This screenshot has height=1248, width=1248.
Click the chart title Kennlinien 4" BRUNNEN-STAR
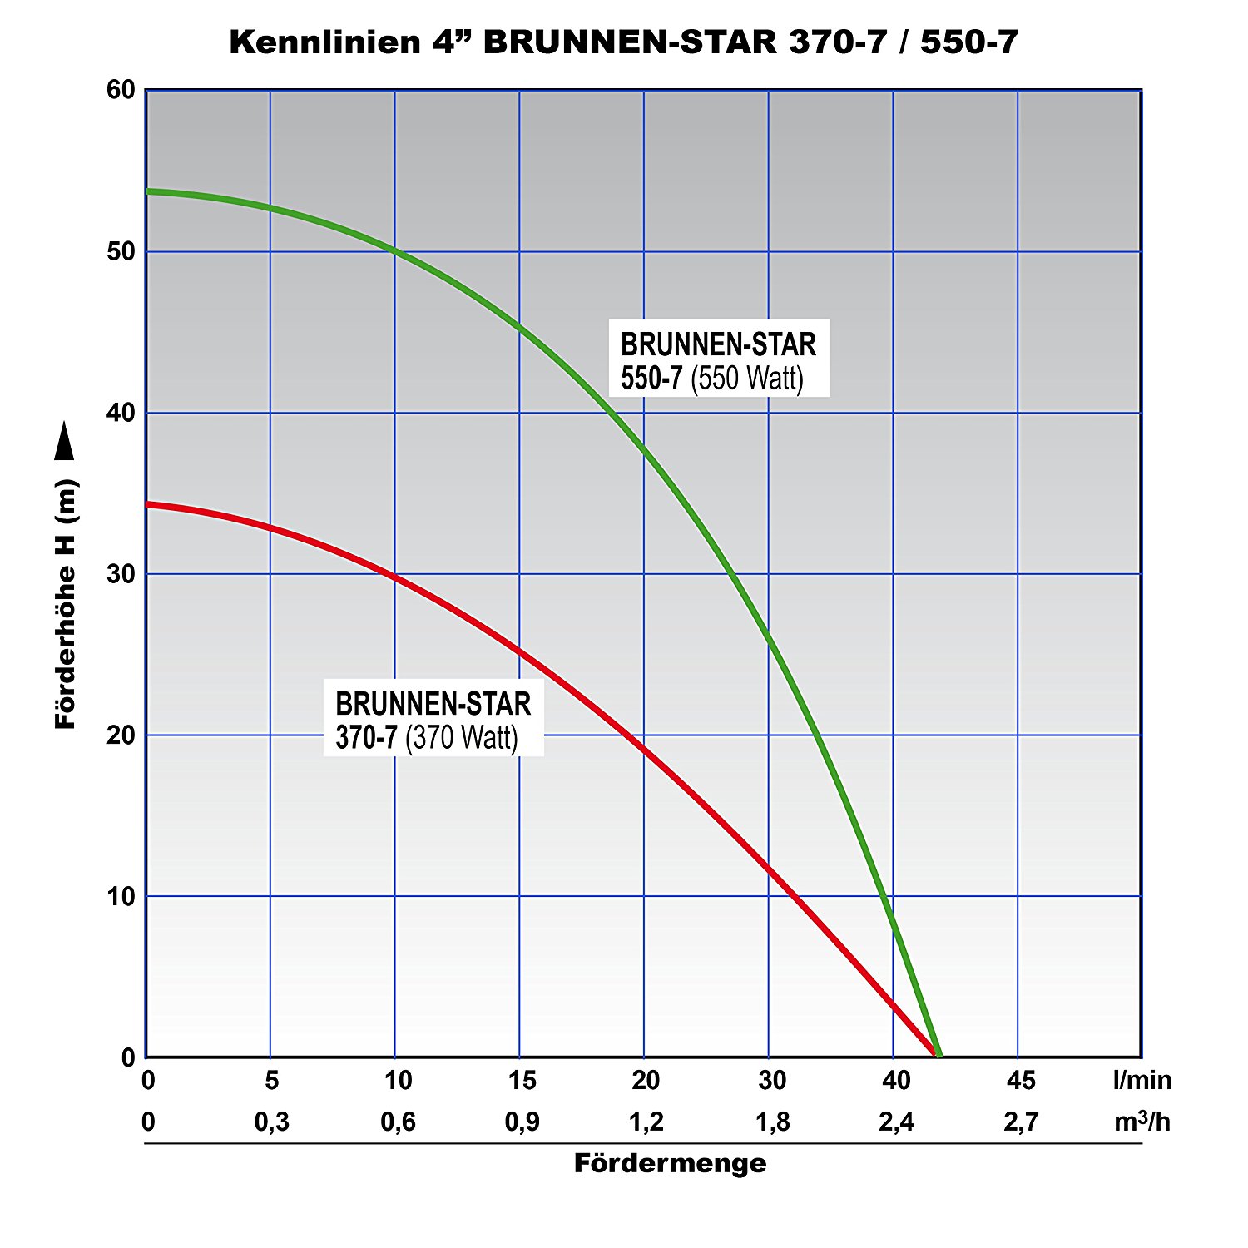coord(623,42)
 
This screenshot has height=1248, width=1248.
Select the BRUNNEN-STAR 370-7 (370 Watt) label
coord(433,721)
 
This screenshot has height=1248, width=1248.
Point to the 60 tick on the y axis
coord(121,90)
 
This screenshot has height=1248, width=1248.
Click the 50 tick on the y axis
coord(121,251)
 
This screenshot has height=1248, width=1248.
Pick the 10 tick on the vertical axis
coord(121,896)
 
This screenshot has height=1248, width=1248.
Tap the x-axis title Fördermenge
coord(670,1163)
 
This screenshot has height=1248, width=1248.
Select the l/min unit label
coord(1142,1080)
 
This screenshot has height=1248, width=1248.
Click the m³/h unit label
coord(1142,1122)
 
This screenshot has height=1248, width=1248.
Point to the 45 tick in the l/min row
coord(1021,1080)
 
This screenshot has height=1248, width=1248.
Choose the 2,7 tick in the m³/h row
coord(1021,1122)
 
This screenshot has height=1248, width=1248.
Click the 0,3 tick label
coord(272,1122)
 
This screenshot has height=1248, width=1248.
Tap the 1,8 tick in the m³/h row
coord(772,1122)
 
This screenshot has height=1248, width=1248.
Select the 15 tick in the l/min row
coord(522,1080)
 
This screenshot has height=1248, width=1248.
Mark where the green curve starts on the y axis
coord(148,191)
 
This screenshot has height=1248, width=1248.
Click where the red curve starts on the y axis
coord(148,503)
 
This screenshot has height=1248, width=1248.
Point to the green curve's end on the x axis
coord(938,1055)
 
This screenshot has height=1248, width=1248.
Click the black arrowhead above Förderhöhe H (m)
coord(64,440)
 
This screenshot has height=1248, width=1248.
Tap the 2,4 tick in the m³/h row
coord(896,1122)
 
